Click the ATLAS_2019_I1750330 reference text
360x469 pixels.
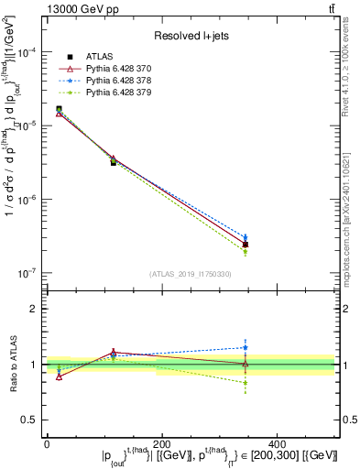191,274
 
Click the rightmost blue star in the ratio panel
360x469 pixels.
245,347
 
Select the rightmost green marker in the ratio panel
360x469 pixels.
245,382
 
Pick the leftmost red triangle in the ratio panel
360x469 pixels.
60,376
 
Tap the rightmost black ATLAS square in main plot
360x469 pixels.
245,245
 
